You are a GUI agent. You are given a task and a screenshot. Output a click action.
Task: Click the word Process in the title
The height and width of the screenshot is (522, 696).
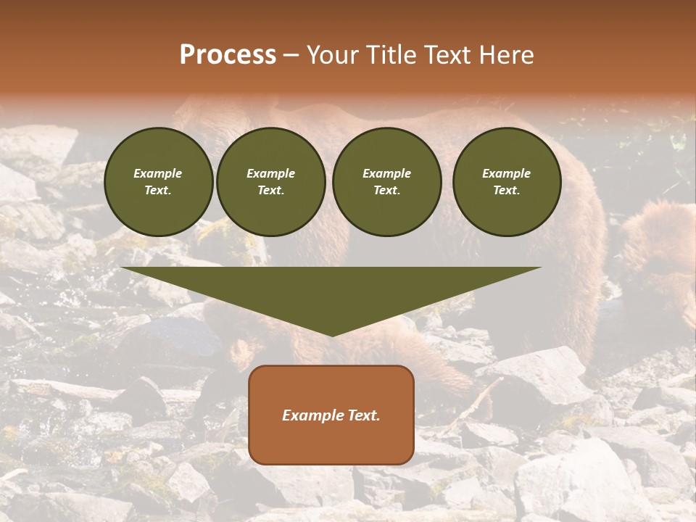click(x=228, y=55)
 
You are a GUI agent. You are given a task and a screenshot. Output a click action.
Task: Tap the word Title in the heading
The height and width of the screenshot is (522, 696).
click(x=390, y=55)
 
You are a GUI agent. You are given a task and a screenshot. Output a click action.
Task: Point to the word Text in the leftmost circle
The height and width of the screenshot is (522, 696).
click(x=158, y=190)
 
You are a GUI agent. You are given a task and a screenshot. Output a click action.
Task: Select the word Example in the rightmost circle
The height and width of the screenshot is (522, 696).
click(x=506, y=173)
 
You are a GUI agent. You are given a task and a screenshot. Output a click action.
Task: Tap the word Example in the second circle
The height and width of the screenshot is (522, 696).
click(x=270, y=173)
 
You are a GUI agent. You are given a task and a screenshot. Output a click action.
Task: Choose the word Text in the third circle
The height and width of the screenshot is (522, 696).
click(x=386, y=190)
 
